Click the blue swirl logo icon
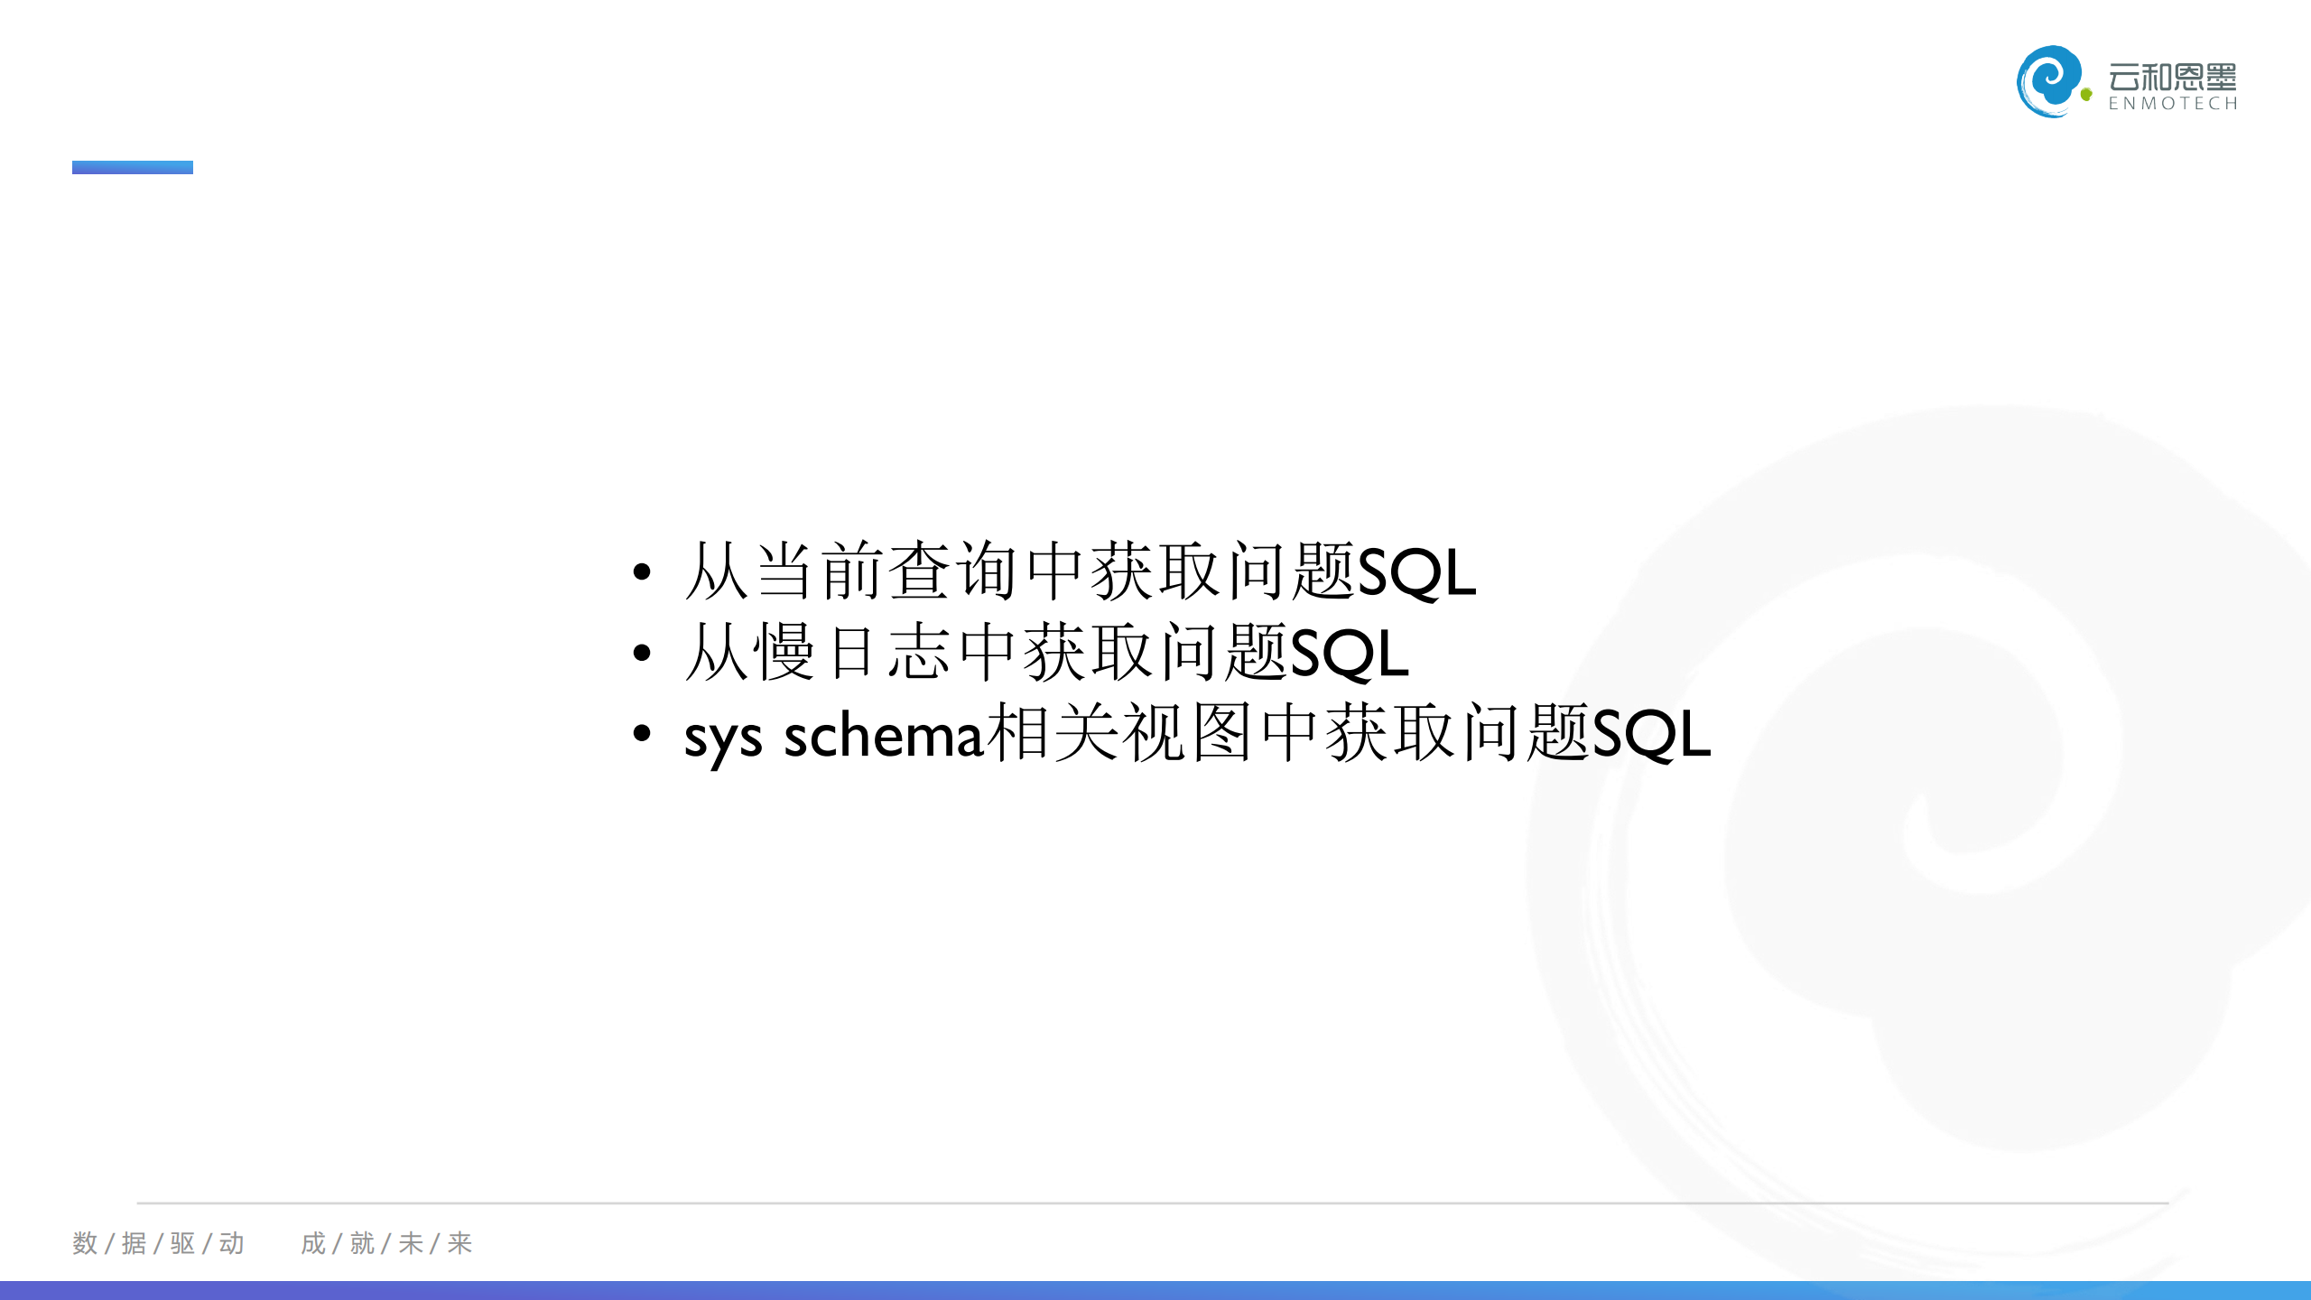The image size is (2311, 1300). point(2049,81)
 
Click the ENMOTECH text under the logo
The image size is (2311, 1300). point(2173,104)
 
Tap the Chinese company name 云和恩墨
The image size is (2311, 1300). point(2173,77)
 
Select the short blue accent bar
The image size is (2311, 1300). point(133,167)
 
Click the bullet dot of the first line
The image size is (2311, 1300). point(642,571)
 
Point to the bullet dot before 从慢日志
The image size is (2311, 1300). point(642,653)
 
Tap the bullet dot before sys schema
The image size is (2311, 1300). point(642,733)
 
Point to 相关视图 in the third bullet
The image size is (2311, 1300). point(1119,733)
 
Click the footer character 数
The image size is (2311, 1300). point(85,1243)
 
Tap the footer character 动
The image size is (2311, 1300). point(231,1243)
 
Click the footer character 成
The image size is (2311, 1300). point(313,1243)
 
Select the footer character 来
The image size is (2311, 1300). point(459,1243)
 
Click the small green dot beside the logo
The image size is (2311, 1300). point(2086,94)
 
